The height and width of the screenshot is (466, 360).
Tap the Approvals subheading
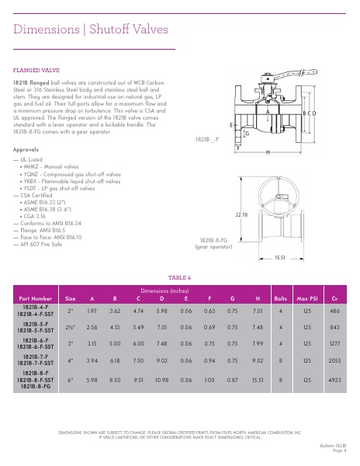coord(26,149)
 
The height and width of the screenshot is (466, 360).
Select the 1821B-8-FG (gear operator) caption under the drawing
coord(213,244)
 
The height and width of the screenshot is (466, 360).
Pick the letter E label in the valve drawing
coord(231,124)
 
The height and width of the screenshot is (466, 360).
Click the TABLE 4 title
coord(179,277)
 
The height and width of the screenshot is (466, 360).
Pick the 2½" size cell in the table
coord(70,326)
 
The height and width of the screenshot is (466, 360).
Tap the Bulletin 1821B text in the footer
coord(332,445)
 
